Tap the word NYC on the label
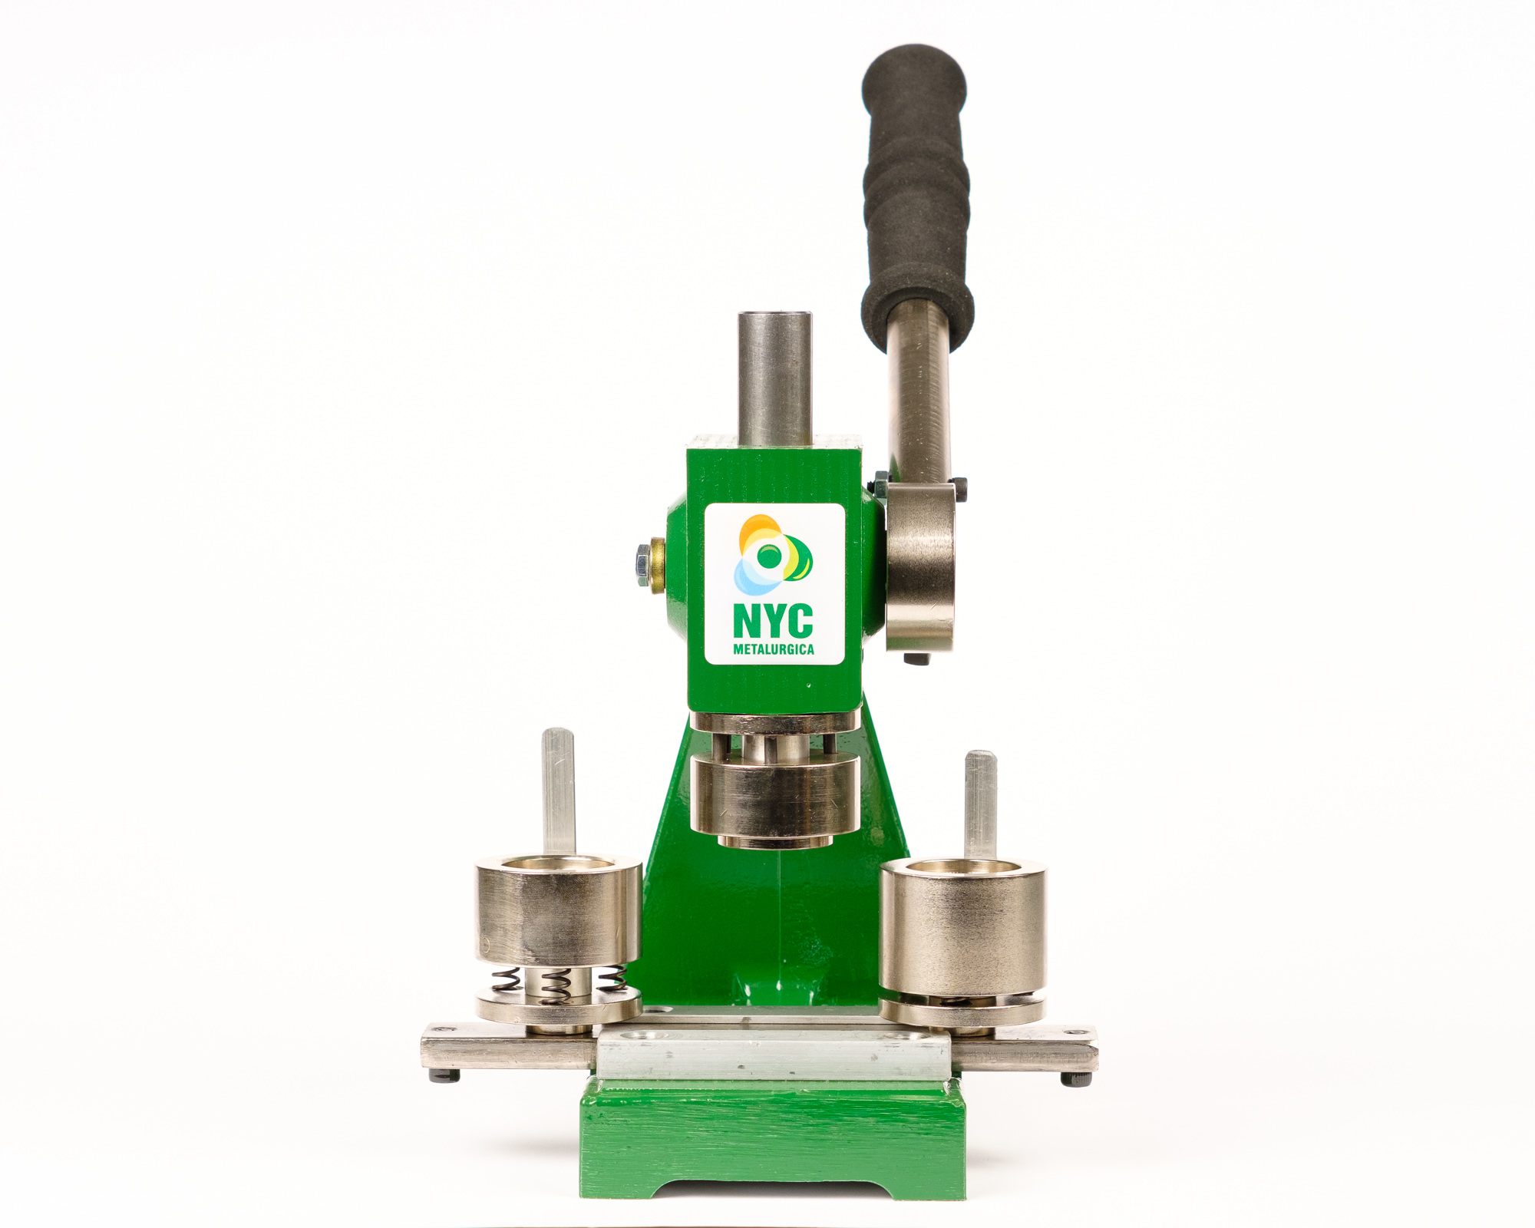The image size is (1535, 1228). click(773, 621)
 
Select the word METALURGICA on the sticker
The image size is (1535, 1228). click(774, 649)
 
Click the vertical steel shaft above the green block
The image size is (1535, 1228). click(775, 378)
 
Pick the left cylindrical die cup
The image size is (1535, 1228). click(558, 909)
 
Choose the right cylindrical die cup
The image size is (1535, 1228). click(962, 929)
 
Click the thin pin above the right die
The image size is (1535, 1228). click(980, 806)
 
